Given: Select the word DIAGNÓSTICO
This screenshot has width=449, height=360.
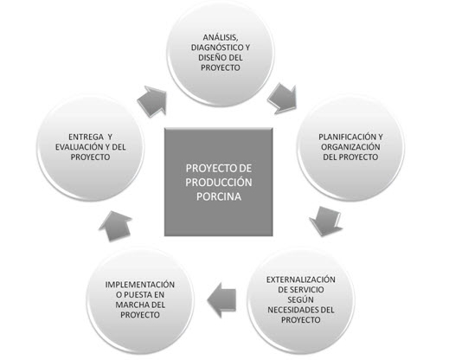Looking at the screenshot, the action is [217, 48].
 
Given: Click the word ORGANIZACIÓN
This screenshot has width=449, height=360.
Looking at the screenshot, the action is [350, 147].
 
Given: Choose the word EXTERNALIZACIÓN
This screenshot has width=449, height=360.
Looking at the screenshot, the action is [301, 280].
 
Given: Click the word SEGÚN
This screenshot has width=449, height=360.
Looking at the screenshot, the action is [300, 300].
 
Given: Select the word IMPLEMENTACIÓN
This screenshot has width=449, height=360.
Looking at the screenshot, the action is [140, 285].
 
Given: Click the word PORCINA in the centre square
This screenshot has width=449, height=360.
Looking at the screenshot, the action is [219, 196].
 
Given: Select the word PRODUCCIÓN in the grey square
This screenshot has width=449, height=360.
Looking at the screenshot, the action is [219, 183].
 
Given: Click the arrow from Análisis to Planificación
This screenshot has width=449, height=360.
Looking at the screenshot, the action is [283, 98].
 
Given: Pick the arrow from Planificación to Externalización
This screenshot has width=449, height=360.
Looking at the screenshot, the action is [326, 221].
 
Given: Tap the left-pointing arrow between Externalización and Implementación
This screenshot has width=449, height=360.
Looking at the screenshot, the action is [222, 300].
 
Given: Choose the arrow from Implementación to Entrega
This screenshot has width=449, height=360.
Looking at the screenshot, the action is [115, 226].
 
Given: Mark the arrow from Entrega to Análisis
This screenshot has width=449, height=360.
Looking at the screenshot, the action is [153, 101].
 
